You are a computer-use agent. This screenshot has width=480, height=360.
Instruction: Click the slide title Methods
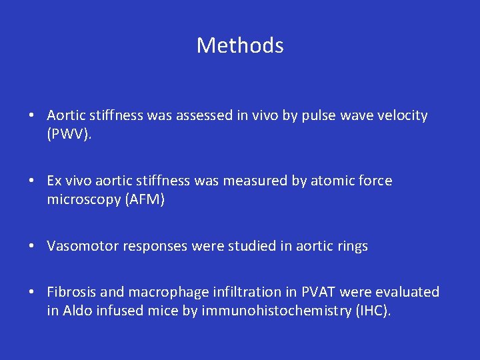point(240,45)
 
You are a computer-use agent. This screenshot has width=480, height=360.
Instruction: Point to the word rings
point(352,246)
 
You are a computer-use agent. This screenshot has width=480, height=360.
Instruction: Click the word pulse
point(311,115)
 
